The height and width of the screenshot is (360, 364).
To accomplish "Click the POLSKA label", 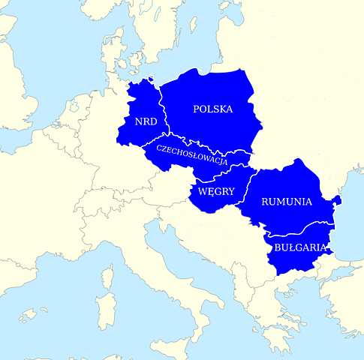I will pos(212,109).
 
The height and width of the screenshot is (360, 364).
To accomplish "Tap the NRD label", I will pos(145,121).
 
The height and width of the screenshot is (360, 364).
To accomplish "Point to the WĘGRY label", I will pos(216,191).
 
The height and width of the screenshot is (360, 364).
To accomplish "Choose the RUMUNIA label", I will pos(286,201).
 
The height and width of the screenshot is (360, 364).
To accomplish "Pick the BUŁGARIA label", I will pos(299,247).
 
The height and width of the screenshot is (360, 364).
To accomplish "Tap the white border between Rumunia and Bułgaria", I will pos(300,227).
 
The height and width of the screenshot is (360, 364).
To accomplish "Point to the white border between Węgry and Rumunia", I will pos(244,199).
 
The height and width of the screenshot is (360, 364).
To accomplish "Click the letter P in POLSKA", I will pos(197,109).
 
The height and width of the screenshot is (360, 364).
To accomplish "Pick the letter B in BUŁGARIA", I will pos(277,247).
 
